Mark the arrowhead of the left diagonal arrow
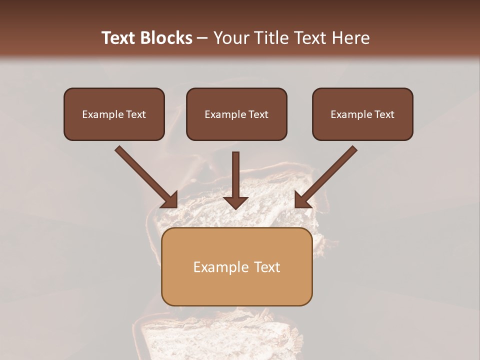[x=170, y=200]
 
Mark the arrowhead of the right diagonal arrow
[x=302, y=200]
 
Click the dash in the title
[x=202, y=38]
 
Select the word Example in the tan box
[x=221, y=267]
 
